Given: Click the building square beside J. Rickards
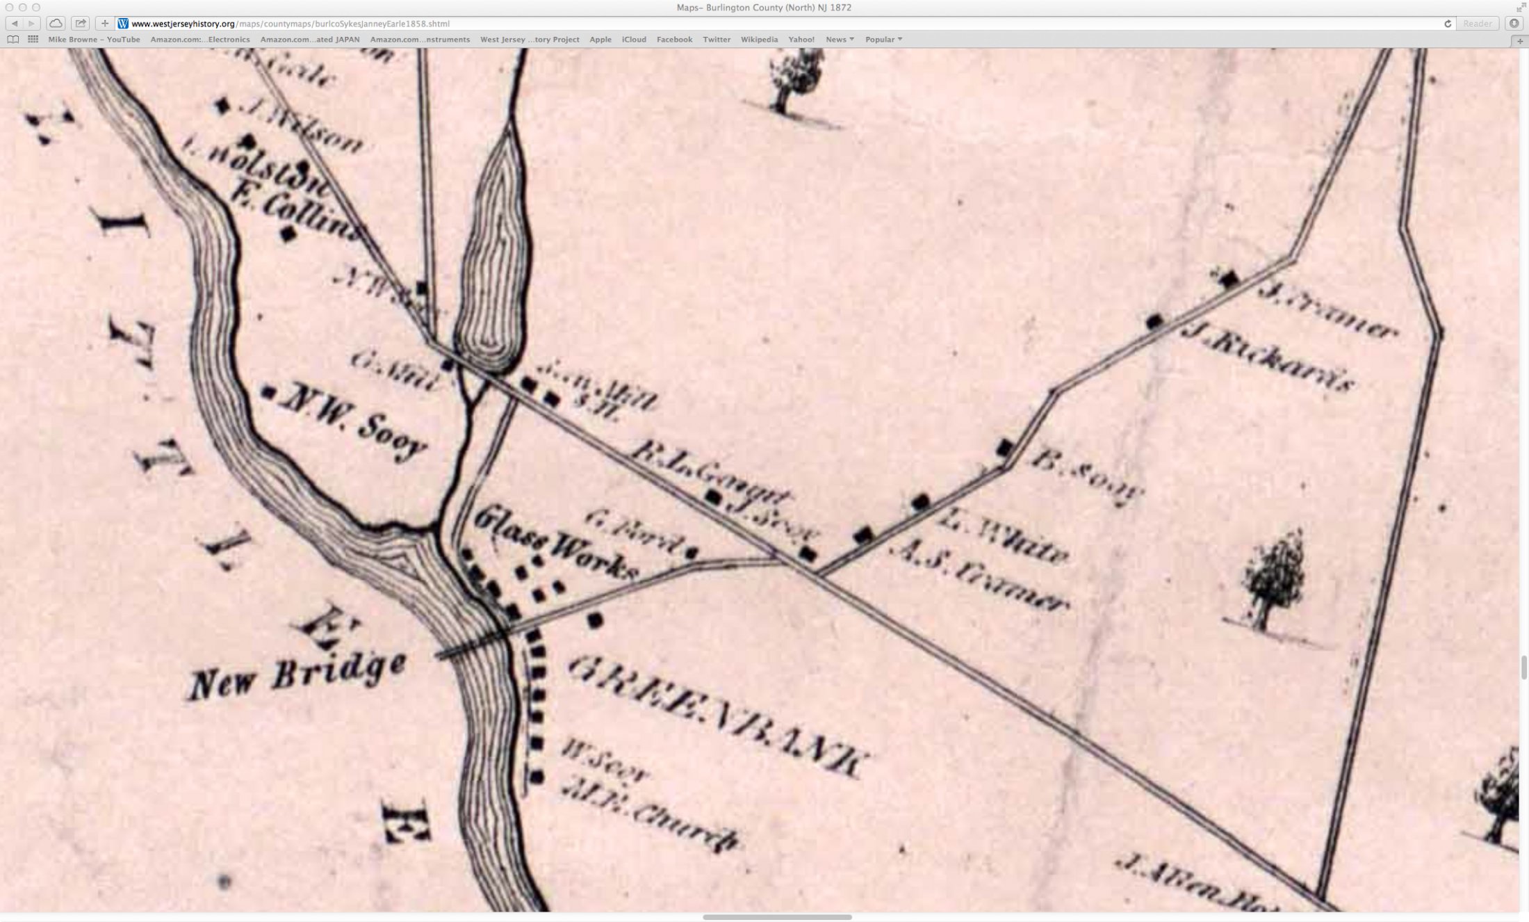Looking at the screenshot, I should pos(1154,321).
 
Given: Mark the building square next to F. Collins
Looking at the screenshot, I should pos(288,234).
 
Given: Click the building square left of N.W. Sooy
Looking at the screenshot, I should pos(268,393).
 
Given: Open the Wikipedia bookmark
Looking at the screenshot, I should pos(759,40).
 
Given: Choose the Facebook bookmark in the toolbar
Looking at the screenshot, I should pos(674,40).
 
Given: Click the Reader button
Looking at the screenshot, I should pos(1477,24).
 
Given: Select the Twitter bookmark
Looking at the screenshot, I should pos(717,40).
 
